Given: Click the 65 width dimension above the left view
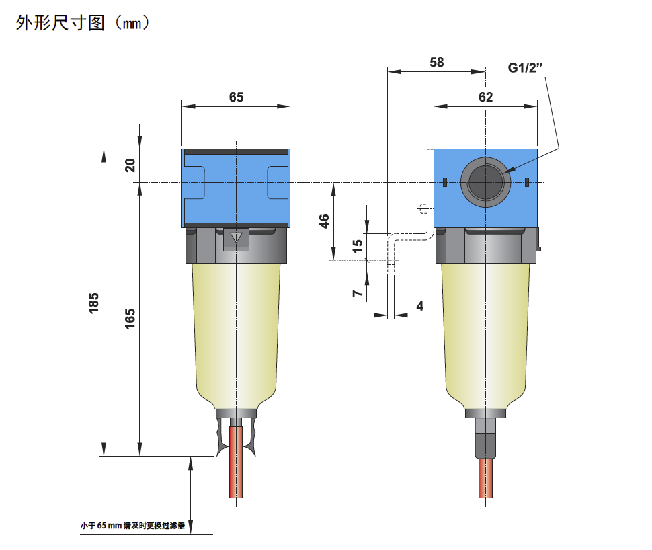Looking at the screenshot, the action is [x=236, y=97].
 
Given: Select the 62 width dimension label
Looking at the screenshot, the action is [x=486, y=97].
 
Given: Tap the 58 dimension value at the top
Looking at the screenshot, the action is [x=437, y=63].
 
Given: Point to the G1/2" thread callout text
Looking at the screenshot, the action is [x=525, y=67].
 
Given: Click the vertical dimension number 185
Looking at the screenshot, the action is [x=93, y=303].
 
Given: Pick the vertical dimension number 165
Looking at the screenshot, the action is [x=130, y=319].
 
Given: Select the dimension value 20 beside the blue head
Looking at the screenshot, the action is [x=130, y=165].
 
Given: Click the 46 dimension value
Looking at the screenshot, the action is [x=324, y=221].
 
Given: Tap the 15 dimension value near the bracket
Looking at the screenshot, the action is [x=357, y=246].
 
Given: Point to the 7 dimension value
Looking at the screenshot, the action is [x=357, y=293].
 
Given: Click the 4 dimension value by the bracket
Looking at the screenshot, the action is [x=420, y=306].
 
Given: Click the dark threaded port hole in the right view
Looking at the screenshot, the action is [x=485, y=182].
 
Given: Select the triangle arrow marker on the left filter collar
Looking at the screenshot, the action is [x=236, y=237].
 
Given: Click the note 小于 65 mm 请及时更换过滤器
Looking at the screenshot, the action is [x=132, y=526].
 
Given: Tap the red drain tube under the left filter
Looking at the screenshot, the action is [x=236, y=462].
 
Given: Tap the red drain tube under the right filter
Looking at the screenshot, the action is [x=485, y=478].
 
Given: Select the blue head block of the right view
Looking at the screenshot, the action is [x=485, y=188].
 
